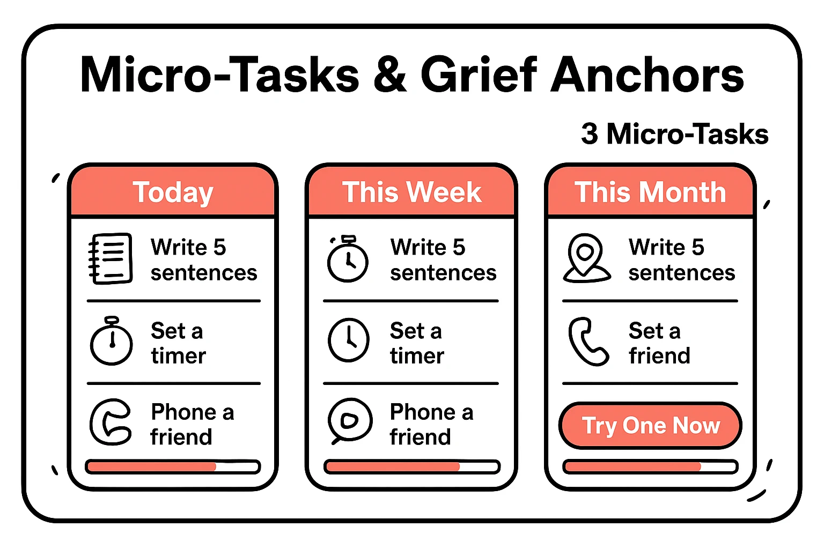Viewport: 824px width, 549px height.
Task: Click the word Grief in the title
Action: click(x=479, y=75)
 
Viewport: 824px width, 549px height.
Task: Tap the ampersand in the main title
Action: click(x=391, y=75)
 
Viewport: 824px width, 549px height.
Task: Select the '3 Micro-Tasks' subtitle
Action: click(x=674, y=134)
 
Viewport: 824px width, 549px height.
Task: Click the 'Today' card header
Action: click(x=173, y=192)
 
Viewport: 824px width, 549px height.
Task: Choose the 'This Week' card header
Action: click(x=411, y=192)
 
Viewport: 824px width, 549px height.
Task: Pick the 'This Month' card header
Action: click(x=650, y=192)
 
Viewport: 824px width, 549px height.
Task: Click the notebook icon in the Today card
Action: click(x=111, y=258)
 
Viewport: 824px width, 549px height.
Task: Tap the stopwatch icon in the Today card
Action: click(x=112, y=341)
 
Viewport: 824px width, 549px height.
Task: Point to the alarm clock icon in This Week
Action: click(x=348, y=259)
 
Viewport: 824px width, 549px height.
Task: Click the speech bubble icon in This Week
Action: click(x=350, y=421)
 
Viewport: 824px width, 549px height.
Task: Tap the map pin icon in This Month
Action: click(x=586, y=258)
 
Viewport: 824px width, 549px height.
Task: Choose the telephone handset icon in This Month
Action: click(x=588, y=342)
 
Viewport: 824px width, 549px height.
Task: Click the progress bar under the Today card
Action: click(x=173, y=466)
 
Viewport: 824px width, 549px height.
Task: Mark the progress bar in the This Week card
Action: click(x=411, y=466)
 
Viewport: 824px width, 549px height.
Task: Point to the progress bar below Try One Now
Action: click(x=650, y=466)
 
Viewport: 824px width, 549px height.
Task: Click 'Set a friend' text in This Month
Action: click(x=659, y=343)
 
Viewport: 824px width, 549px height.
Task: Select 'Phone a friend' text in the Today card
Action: click(x=192, y=425)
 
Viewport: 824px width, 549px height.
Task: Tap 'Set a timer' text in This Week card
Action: click(x=416, y=343)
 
